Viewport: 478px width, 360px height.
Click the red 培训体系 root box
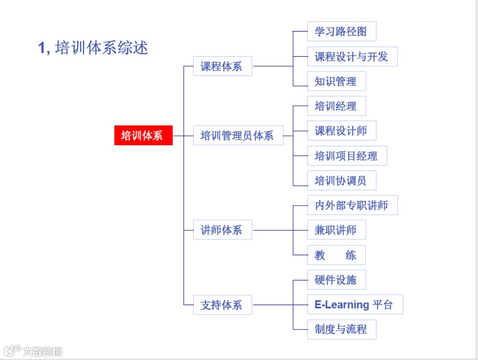tap(143, 135)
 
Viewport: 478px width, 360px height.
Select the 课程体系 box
tap(222, 66)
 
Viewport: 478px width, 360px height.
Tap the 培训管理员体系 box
tap(238, 135)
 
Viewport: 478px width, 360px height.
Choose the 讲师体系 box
tap(222, 230)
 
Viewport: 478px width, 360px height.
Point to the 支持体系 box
tap(222, 305)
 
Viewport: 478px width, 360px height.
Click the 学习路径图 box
tap(341, 31)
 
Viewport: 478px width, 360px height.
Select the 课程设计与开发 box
tap(352, 57)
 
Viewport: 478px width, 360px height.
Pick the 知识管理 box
tap(336, 81)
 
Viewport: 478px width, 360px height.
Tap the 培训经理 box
tap(336, 106)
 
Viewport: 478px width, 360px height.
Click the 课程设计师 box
tap(341, 130)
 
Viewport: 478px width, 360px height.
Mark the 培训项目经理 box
tap(347, 156)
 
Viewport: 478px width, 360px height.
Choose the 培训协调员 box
tap(341, 180)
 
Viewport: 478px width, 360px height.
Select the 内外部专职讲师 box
tap(352, 205)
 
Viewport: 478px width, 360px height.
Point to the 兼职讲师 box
tap(336, 230)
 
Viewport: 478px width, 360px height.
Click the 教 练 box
tap(336, 255)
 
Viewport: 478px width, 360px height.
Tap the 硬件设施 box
tap(336, 280)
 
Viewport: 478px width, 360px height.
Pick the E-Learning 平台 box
tap(355, 305)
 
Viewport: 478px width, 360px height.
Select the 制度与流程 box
tap(341, 329)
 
